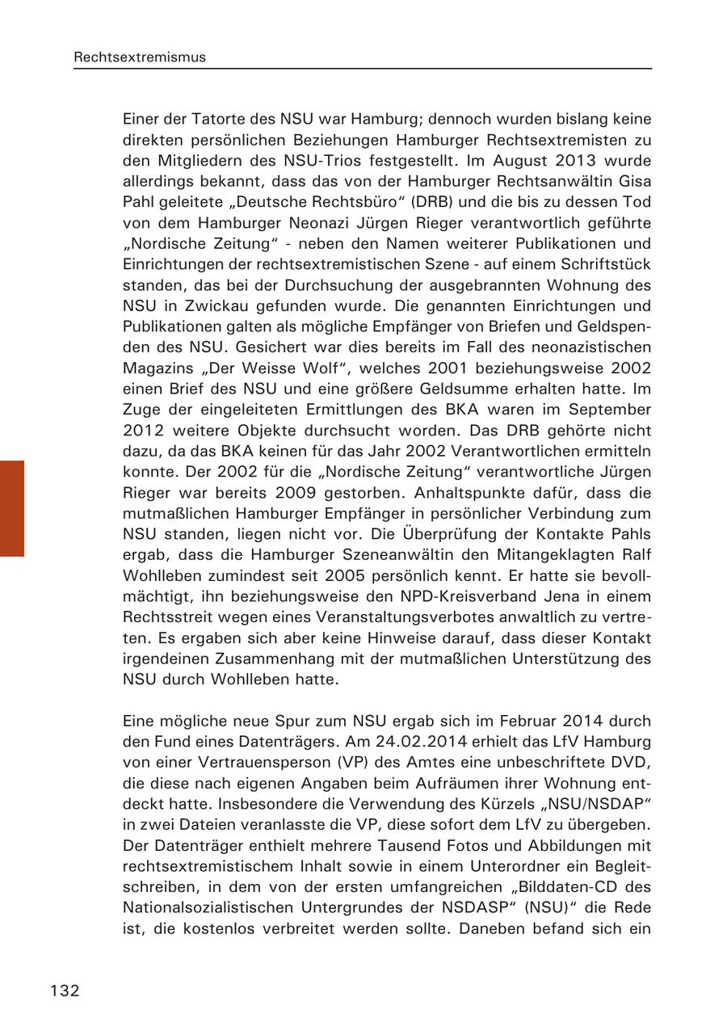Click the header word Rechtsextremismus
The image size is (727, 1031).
pos(140,57)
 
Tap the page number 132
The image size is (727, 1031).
pos(65,991)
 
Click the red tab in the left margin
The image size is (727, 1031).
pos(12,508)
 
